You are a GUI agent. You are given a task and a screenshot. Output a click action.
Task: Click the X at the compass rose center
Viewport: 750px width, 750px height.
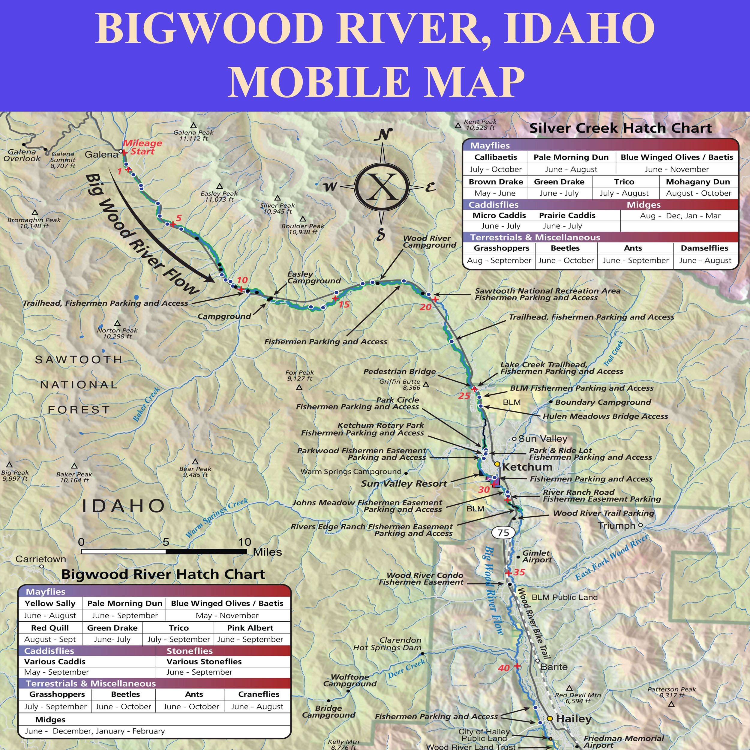[382, 187]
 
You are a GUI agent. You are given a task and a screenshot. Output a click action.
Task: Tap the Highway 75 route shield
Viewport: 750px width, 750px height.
[503, 532]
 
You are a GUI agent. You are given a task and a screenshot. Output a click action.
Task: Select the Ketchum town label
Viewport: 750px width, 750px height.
[527, 467]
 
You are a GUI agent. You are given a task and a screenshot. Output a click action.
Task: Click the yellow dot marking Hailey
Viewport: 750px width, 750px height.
[550, 718]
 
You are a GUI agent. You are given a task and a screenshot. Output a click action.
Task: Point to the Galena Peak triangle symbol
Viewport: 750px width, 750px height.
[193, 125]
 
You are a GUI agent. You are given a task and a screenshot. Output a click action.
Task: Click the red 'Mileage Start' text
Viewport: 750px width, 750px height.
[142, 147]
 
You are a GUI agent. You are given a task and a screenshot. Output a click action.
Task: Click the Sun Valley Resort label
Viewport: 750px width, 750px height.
[404, 484]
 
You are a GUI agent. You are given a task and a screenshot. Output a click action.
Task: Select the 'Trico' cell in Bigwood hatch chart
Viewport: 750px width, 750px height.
[178, 628]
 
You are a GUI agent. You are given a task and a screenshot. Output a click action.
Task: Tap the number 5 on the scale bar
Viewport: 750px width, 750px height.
[166, 542]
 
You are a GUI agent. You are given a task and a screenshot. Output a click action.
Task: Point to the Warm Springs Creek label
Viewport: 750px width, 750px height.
[216, 518]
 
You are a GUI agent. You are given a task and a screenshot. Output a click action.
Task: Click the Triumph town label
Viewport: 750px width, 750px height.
[616, 526]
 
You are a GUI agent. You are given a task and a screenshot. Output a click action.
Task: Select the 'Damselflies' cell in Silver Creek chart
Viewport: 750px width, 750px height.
[705, 248]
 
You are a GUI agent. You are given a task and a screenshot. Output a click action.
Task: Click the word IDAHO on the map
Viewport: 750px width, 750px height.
[123, 506]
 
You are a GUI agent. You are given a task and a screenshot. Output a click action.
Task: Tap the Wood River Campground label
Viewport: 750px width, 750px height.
[429, 241]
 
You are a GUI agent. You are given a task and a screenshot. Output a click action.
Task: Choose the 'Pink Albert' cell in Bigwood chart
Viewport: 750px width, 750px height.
[250, 628]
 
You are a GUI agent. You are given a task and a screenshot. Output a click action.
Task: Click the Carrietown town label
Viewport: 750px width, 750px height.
[41, 559]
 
